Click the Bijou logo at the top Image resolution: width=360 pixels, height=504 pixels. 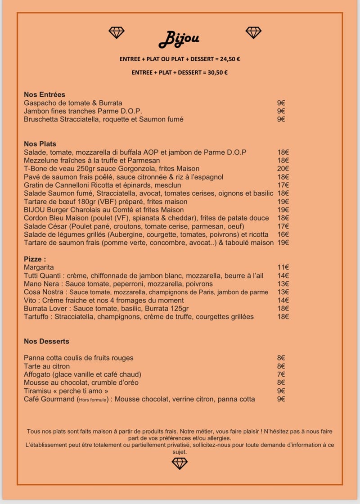[179, 39]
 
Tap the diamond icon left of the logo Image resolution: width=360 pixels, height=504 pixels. [117, 32]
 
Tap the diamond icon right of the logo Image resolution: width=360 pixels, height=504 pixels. [253, 32]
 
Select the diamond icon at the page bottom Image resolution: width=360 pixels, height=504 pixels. [180, 463]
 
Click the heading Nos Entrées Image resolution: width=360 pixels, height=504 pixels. [45, 94]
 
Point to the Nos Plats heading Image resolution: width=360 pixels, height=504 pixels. [40, 144]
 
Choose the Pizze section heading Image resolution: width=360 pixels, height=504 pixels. [35, 259]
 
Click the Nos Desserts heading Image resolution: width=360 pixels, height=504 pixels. [46, 341]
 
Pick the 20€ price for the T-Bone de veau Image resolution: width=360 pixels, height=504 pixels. [283, 169]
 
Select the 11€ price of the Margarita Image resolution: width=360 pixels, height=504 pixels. [283, 267]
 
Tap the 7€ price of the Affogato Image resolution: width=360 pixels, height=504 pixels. [281, 374]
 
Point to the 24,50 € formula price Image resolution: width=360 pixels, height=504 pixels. [230, 59]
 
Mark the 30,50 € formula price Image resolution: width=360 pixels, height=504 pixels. [218, 72]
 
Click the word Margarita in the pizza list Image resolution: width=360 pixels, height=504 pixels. [39, 267]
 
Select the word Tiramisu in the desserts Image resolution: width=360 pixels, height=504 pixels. [38, 391]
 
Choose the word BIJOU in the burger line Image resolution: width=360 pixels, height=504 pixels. [34, 210]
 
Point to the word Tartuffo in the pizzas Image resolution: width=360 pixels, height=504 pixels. [36, 317]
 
